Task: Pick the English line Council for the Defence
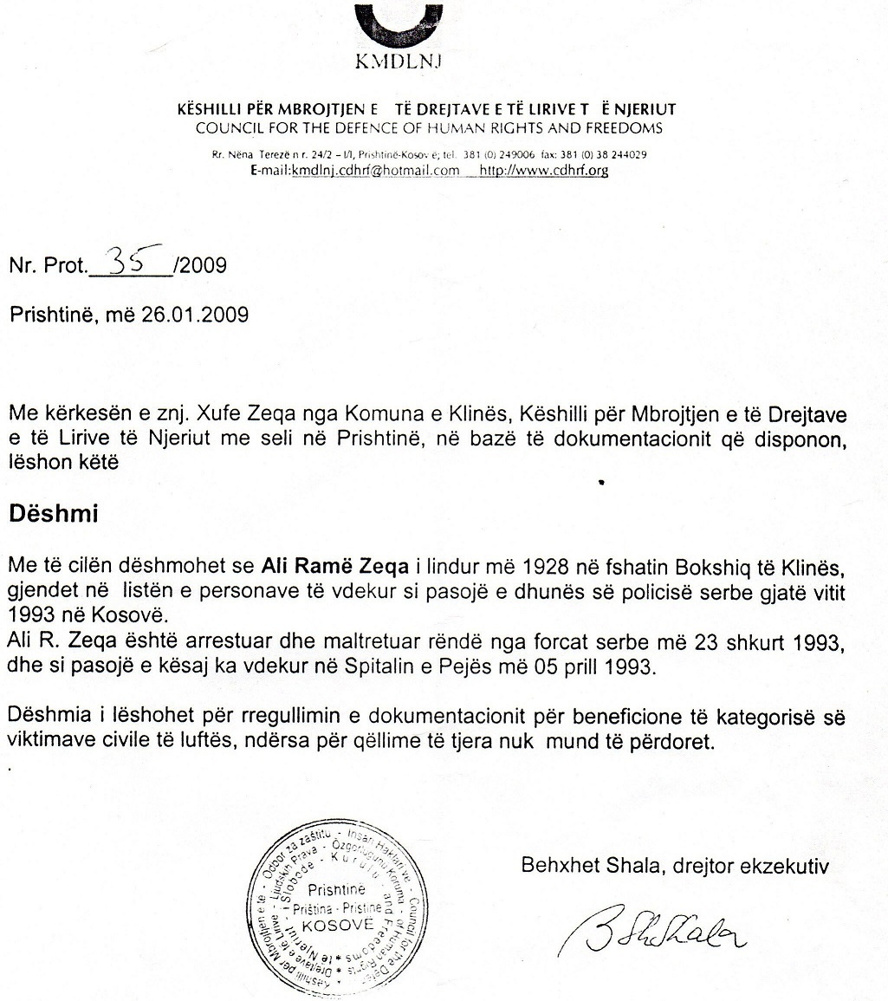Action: tap(429, 128)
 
